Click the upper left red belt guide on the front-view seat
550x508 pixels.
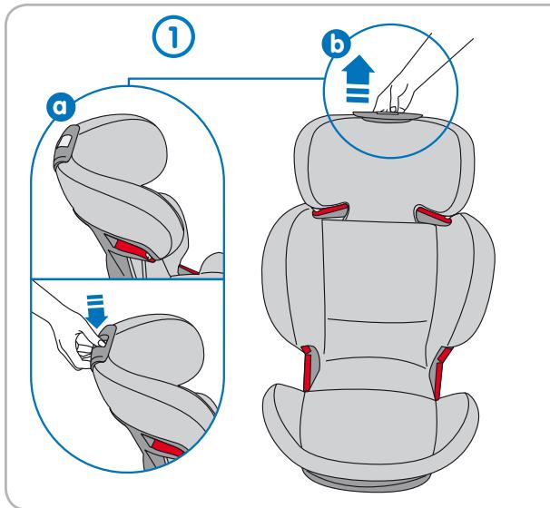(x=329, y=213)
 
